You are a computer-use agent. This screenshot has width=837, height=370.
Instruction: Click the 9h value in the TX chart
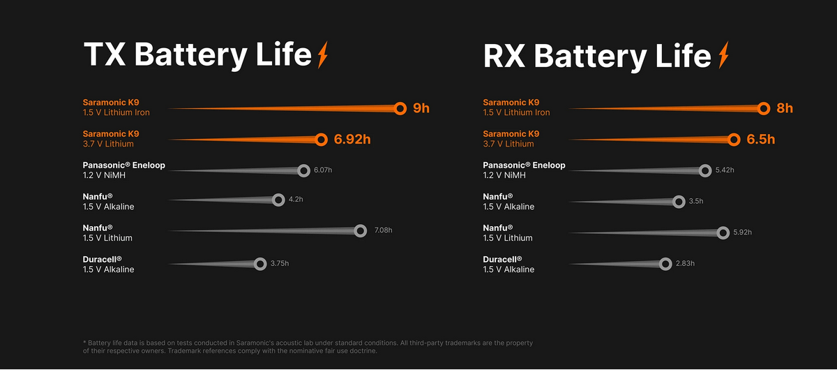pos(421,108)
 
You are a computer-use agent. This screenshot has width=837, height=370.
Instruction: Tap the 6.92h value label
pos(352,140)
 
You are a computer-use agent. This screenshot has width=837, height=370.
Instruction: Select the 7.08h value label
pos(384,230)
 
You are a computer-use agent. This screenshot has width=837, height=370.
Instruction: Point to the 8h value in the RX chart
pos(785,108)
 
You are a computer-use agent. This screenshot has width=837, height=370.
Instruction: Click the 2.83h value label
pos(685,263)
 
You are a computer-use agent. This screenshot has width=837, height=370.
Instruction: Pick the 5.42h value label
pos(725,170)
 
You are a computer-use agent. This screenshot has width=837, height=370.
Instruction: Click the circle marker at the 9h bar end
pos(400,108)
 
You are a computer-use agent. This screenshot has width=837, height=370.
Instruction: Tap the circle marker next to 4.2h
pos(278,200)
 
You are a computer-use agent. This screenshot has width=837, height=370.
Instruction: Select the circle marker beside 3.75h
pos(260,264)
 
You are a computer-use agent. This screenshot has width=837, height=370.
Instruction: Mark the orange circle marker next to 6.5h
pos(734,140)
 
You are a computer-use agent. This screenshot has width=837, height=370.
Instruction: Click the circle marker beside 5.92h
pos(723,232)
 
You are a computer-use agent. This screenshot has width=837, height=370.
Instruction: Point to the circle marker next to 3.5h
pos(679,201)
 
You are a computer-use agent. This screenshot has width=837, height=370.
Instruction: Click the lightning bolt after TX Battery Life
pos(322,54)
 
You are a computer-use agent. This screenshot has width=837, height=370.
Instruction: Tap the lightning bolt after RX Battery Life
pos(723,54)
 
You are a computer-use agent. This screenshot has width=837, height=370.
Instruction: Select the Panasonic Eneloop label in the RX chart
pos(524,165)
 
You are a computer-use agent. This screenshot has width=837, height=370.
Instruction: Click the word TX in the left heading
pos(105,54)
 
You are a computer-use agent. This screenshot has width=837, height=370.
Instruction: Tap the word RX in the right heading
pos(506,56)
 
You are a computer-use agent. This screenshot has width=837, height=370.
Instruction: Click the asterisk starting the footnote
pos(84,342)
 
